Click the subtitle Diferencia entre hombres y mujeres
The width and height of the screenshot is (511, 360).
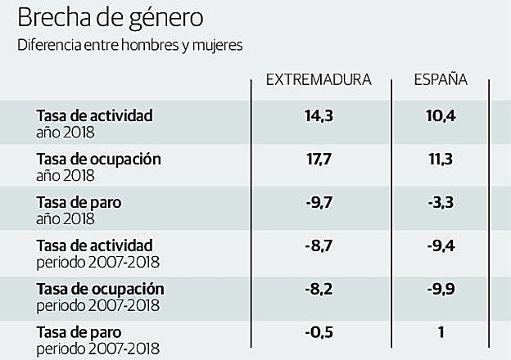pyautogui.click(x=130, y=46)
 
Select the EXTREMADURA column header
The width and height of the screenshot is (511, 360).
pyautogui.click(x=319, y=80)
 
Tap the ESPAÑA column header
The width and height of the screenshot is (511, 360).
pyautogui.click(x=441, y=80)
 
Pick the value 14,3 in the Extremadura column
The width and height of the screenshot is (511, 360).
pyautogui.click(x=319, y=117)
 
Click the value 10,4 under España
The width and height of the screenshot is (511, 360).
pyautogui.click(x=440, y=117)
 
